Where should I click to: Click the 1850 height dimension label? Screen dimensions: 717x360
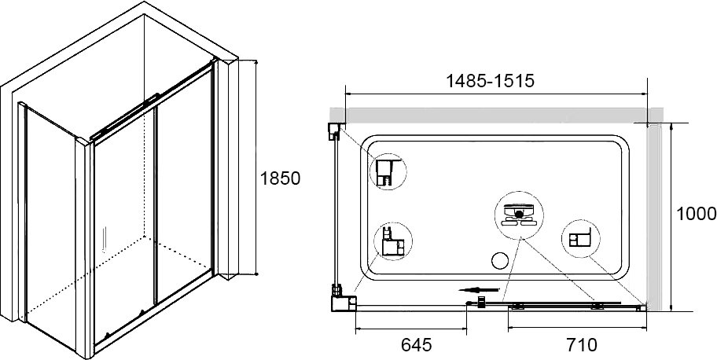click(280, 178)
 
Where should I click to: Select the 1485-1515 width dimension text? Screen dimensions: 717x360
click(491, 81)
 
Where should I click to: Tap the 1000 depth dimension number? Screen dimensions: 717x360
click(696, 214)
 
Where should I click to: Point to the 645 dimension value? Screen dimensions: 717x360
click(416, 345)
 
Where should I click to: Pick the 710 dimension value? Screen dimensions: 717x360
click(582, 345)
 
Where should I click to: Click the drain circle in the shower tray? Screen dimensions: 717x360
click(500, 261)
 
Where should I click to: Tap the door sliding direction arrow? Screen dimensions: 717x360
click(479, 289)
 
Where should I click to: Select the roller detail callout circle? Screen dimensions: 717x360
click(519, 215)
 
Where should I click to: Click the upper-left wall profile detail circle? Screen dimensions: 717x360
click(388, 171)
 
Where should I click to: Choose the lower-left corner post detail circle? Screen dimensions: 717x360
click(393, 241)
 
